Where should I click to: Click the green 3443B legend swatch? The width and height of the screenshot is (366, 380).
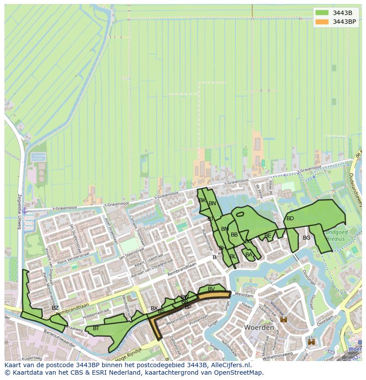click(x=322, y=13)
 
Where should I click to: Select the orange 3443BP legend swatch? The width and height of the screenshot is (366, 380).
click(x=322, y=22)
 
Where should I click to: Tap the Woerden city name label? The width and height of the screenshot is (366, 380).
click(x=259, y=328)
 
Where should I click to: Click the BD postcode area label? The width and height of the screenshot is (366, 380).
click(x=290, y=218)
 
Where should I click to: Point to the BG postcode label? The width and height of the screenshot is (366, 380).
click(x=306, y=238)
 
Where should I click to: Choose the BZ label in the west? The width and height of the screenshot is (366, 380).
click(x=55, y=308)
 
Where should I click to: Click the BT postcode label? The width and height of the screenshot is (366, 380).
click(x=96, y=328)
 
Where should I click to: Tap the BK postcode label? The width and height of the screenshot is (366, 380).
click(x=202, y=200)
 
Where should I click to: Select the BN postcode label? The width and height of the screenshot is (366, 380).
click(x=212, y=203)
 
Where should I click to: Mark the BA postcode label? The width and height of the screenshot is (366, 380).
click(x=248, y=255)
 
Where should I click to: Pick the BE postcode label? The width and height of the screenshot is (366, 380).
click(x=267, y=236)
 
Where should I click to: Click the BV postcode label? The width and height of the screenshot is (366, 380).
click(x=211, y=289)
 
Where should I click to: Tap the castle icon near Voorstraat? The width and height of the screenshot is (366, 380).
click(x=283, y=319)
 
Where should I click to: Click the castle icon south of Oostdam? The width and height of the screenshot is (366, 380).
click(x=311, y=342)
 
